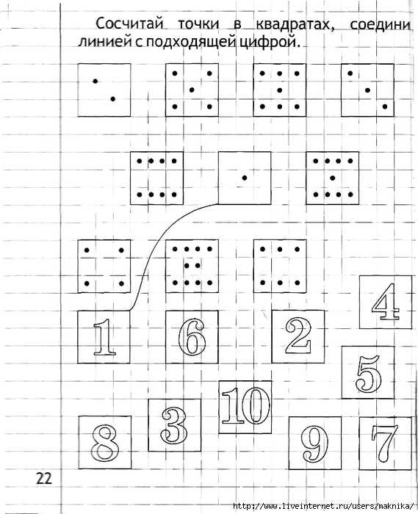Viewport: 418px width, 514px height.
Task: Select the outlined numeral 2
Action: tap(298, 336)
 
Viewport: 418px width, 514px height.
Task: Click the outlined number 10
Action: tap(246, 405)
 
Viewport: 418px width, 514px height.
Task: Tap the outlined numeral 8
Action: tap(105, 443)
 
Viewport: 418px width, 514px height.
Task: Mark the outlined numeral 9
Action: tap(314, 444)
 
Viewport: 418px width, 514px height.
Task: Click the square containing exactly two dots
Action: tap(104, 90)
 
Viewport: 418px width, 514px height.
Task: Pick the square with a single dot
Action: tap(245, 178)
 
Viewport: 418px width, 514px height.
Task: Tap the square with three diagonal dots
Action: tap(367, 90)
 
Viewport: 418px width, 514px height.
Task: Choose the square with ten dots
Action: tap(192, 266)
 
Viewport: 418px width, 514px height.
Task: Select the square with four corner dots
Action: tap(104, 266)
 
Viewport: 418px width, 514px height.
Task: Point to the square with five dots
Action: tap(192, 90)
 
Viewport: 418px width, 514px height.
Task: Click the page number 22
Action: tap(44, 478)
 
